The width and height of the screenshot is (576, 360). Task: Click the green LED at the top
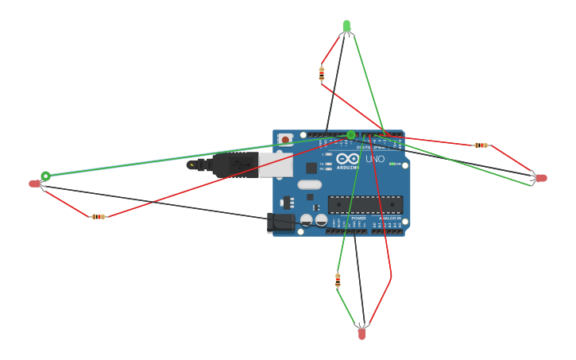[x=346, y=26]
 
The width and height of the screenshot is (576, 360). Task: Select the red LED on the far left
[x=34, y=184]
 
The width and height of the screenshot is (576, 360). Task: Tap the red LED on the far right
[x=541, y=178]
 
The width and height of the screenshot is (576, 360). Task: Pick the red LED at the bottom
[x=361, y=334]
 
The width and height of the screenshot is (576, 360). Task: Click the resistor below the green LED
[x=321, y=74]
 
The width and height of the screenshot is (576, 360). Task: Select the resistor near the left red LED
[x=98, y=216]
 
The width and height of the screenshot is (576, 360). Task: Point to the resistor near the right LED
[x=481, y=145]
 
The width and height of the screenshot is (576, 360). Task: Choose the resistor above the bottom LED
[x=338, y=280]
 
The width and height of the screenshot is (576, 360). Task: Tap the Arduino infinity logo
[x=353, y=159]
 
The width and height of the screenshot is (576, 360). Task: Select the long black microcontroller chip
[x=365, y=204]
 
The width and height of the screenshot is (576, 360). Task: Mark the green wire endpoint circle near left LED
[x=45, y=176]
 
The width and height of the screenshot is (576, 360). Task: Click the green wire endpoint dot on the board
[x=351, y=134]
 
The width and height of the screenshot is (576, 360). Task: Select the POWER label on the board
[x=358, y=218]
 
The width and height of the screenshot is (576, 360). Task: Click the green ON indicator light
[x=394, y=163]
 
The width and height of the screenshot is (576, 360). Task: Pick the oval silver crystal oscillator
[x=310, y=184]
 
